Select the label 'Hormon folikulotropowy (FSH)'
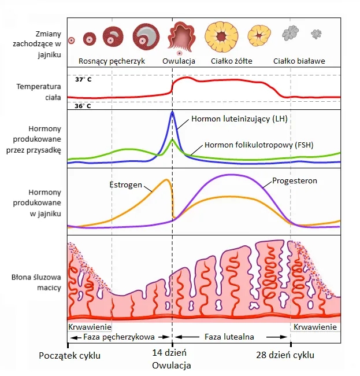(x=257, y=145)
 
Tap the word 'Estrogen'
(x=126, y=185)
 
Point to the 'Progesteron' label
(x=295, y=181)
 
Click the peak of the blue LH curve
(x=172, y=112)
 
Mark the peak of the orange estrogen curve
(x=168, y=180)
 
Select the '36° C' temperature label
(x=84, y=106)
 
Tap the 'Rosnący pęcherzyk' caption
(x=112, y=61)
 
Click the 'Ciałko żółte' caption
(x=231, y=61)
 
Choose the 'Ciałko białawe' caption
(x=299, y=61)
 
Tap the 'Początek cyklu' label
(x=70, y=355)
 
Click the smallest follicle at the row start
(x=72, y=40)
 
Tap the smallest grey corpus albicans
(x=317, y=34)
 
